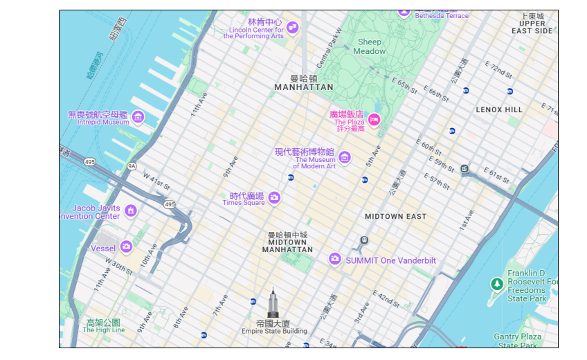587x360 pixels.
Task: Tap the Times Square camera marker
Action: [274, 198]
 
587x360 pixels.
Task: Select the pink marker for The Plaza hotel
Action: [374, 120]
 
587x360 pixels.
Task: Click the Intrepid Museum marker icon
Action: [138, 117]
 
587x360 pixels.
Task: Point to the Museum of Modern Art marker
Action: [344, 157]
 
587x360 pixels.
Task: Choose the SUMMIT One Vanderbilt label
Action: [390, 260]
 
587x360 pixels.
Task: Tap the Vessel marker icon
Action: [126, 246]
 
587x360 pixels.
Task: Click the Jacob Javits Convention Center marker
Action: [130, 210]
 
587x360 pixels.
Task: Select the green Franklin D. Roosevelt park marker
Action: [496, 284]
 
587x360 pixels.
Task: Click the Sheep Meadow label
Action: [370, 46]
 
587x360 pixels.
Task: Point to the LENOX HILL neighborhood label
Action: [499, 110]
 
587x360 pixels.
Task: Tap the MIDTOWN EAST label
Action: [395, 217]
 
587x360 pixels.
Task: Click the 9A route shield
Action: [132, 166]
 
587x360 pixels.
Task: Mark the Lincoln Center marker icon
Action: [292, 28]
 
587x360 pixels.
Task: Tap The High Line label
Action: [103, 326]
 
